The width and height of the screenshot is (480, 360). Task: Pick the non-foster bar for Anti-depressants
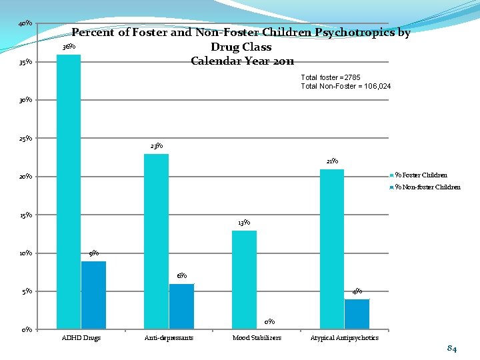pyautogui.click(x=181, y=306)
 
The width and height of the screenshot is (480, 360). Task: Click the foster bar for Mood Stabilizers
pyautogui.click(x=244, y=279)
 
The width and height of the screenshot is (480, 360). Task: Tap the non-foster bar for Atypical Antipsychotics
pyautogui.click(x=357, y=314)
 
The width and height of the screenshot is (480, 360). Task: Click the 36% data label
pyautogui.click(x=69, y=47)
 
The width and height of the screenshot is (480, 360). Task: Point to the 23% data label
pyautogui.click(x=157, y=146)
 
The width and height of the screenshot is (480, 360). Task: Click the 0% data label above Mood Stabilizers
pyautogui.click(x=269, y=322)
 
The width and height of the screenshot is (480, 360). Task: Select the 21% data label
pyautogui.click(x=332, y=161)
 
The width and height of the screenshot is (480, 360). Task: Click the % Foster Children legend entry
pyautogui.click(x=421, y=175)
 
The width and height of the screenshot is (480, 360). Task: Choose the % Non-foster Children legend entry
pyautogui.click(x=427, y=187)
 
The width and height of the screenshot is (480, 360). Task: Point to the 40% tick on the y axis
pyautogui.click(x=26, y=24)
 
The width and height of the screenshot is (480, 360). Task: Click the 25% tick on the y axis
pyautogui.click(x=26, y=139)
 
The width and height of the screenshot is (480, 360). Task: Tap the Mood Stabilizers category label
pyautogui.click(x=257, y=338)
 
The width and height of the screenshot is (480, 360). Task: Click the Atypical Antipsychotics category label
pyautogui.click(x=345, y=338)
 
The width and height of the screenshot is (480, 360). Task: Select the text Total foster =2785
pyautogui.click(x=331, y=77)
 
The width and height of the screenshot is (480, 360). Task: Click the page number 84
pyautogui.click(x=452, y=349)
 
